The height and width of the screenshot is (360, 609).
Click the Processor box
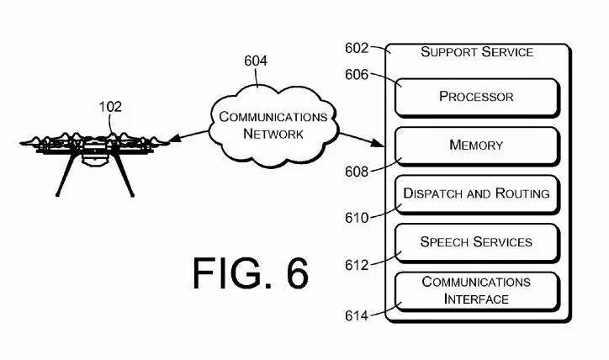point(476,97)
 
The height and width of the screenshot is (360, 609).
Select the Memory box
point(476,145)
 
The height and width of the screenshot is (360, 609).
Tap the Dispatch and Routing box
point(476,193)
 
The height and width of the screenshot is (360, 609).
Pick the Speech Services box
point(476,241)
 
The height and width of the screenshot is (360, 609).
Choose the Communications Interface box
point(476,290)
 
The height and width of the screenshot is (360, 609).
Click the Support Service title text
point(477,52)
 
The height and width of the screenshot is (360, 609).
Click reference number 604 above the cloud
point(257,61)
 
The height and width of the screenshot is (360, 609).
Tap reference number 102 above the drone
point(110,107)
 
